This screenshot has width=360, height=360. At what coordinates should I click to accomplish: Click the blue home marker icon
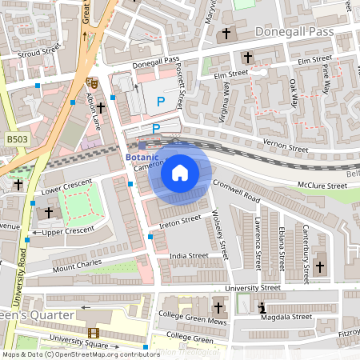pyautogui.click(x=180, y=172)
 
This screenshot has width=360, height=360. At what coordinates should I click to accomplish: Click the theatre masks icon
pyautogui.click(x=91, y=82)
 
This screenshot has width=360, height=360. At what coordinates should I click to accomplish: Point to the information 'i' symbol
pyautogui.click(x=262, y=307)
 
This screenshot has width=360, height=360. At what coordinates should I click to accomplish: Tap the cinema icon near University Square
pyautogui.click(x=94, y=334)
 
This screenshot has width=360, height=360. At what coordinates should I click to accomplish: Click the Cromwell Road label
pyautogui.click(x=237, y=190)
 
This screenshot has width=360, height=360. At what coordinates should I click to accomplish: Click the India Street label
pyautogui.click(x=188, y=257)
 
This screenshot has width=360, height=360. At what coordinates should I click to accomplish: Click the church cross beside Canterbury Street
pyautogui.click(x=321, y=266)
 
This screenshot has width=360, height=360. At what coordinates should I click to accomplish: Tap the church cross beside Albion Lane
pyautogui.click(x=101, y=108)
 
